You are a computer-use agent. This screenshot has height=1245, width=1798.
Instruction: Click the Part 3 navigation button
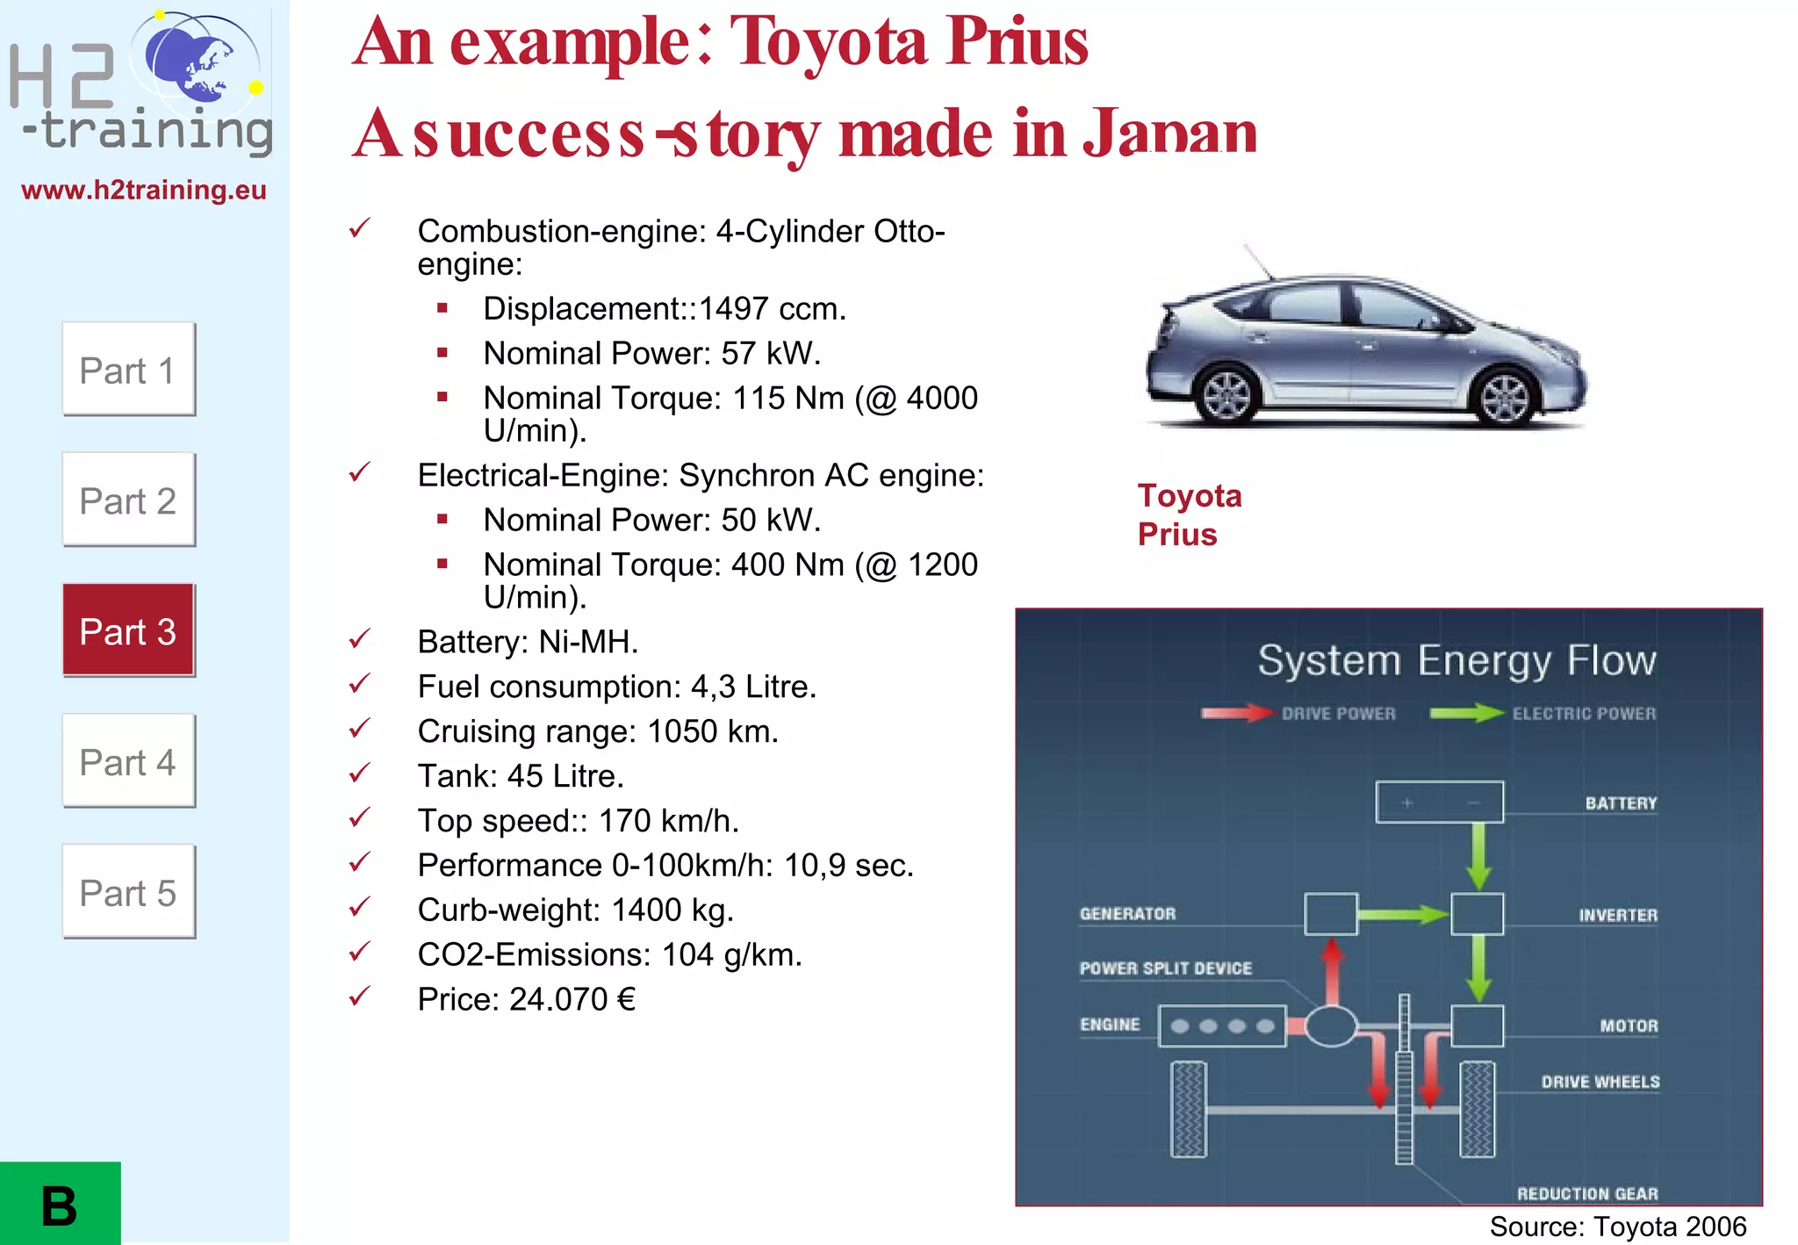(128, 630)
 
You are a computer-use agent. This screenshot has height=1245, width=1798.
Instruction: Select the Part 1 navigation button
(128, 370)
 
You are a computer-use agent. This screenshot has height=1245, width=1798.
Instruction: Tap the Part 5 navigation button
(128, 892)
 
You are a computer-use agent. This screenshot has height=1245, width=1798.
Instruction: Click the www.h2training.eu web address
(144, 191)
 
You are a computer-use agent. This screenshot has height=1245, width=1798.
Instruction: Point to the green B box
(60, 1204)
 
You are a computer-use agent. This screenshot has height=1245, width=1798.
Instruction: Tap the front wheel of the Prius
(1505, 397)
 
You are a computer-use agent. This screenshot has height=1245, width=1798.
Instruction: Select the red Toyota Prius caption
(1189, 515)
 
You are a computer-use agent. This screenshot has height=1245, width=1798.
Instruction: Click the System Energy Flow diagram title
(1456, 660)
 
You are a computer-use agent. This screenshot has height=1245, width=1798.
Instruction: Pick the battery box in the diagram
(1439, 802)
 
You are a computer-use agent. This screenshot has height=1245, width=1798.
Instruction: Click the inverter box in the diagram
(1477, 914)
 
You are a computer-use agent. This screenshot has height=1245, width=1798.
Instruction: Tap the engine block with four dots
(1222, 1026)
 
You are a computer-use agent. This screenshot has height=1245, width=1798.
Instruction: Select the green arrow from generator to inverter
(1403, 915)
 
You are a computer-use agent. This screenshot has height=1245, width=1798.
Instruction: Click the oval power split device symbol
(1331, 1026)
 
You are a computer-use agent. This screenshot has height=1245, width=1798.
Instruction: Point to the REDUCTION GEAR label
(1587, 1193)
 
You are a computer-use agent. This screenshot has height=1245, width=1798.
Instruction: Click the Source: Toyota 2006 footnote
(1617, 1227)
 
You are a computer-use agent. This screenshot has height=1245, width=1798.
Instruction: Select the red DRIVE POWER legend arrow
(1236, 713)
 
